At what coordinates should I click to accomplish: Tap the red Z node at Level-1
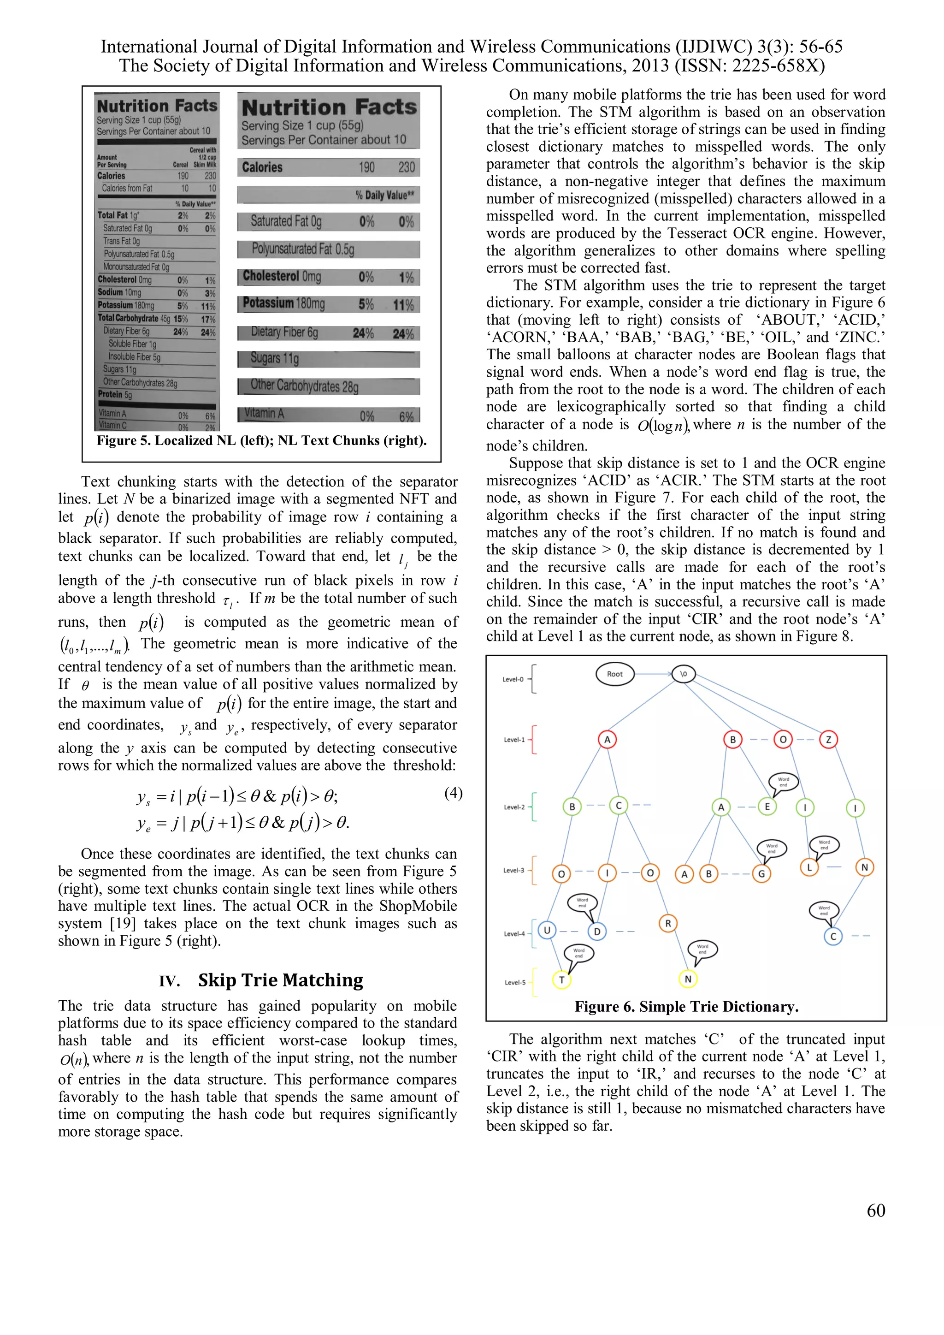click(828, 740)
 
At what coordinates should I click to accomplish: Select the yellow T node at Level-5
click(561, 980)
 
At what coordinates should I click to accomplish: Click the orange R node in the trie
click(668, 923)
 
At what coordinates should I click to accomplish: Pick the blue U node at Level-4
click(546, 930)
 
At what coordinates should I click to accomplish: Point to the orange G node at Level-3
click(761, 873)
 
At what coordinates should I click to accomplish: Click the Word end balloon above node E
click(783, 782)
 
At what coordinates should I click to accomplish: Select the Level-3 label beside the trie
click(514, 871)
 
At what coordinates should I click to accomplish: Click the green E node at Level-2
click(767, 807)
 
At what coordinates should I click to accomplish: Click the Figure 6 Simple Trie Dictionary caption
click(686, 1007)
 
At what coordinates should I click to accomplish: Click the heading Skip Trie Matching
click(280, 980)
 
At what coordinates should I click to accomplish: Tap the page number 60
click(875, 1210)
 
